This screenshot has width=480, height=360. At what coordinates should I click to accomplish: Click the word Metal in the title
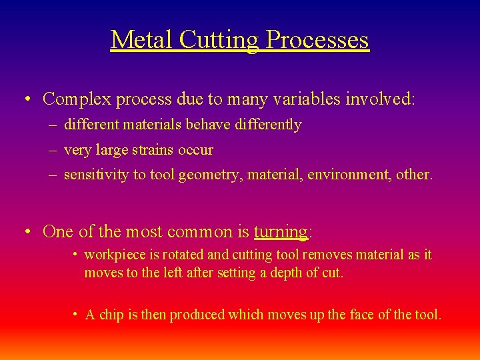tap(133, 40)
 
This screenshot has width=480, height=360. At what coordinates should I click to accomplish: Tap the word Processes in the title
tap(317, 40)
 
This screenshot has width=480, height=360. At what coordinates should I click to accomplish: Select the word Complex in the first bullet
tap(77, 99)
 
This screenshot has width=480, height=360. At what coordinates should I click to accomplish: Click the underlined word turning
tap(280, 232)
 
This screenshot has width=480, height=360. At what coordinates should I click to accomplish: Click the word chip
tap(111, 315)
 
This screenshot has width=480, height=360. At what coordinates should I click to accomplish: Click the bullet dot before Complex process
tap(26, 100)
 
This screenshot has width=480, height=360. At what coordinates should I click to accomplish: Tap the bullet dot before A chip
tap(76, 315)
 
